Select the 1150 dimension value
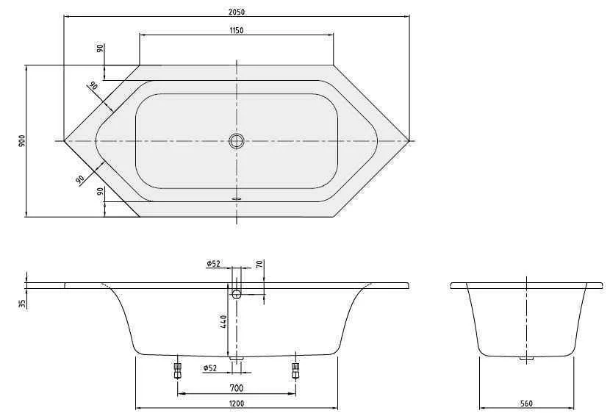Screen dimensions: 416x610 (x=236, y=30)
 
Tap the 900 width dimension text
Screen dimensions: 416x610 (x=21, y=140)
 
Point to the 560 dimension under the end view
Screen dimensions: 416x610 (x=525, y=403)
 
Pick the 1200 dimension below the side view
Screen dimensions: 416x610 (x=236, y=403)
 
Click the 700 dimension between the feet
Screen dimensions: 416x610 (x=236, y=388)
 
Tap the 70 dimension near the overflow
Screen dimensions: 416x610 (x=259, y=265)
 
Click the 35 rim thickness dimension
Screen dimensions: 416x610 (x=21, y=302)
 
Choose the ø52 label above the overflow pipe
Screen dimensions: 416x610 (x=213, y=264)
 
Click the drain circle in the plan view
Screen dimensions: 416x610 (x=236, y=140)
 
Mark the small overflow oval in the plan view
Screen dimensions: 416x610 (x=236, y=197)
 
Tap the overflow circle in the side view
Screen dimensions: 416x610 (x=236, y=294)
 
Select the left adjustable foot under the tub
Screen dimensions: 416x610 (x=177, y=369)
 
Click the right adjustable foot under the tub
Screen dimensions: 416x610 (x=295, y=369)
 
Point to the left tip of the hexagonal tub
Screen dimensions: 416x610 (x=65, y=140)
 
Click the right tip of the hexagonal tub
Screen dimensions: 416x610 (x=408, y=140)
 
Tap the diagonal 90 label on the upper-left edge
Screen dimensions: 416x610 (x=93, y=86)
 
